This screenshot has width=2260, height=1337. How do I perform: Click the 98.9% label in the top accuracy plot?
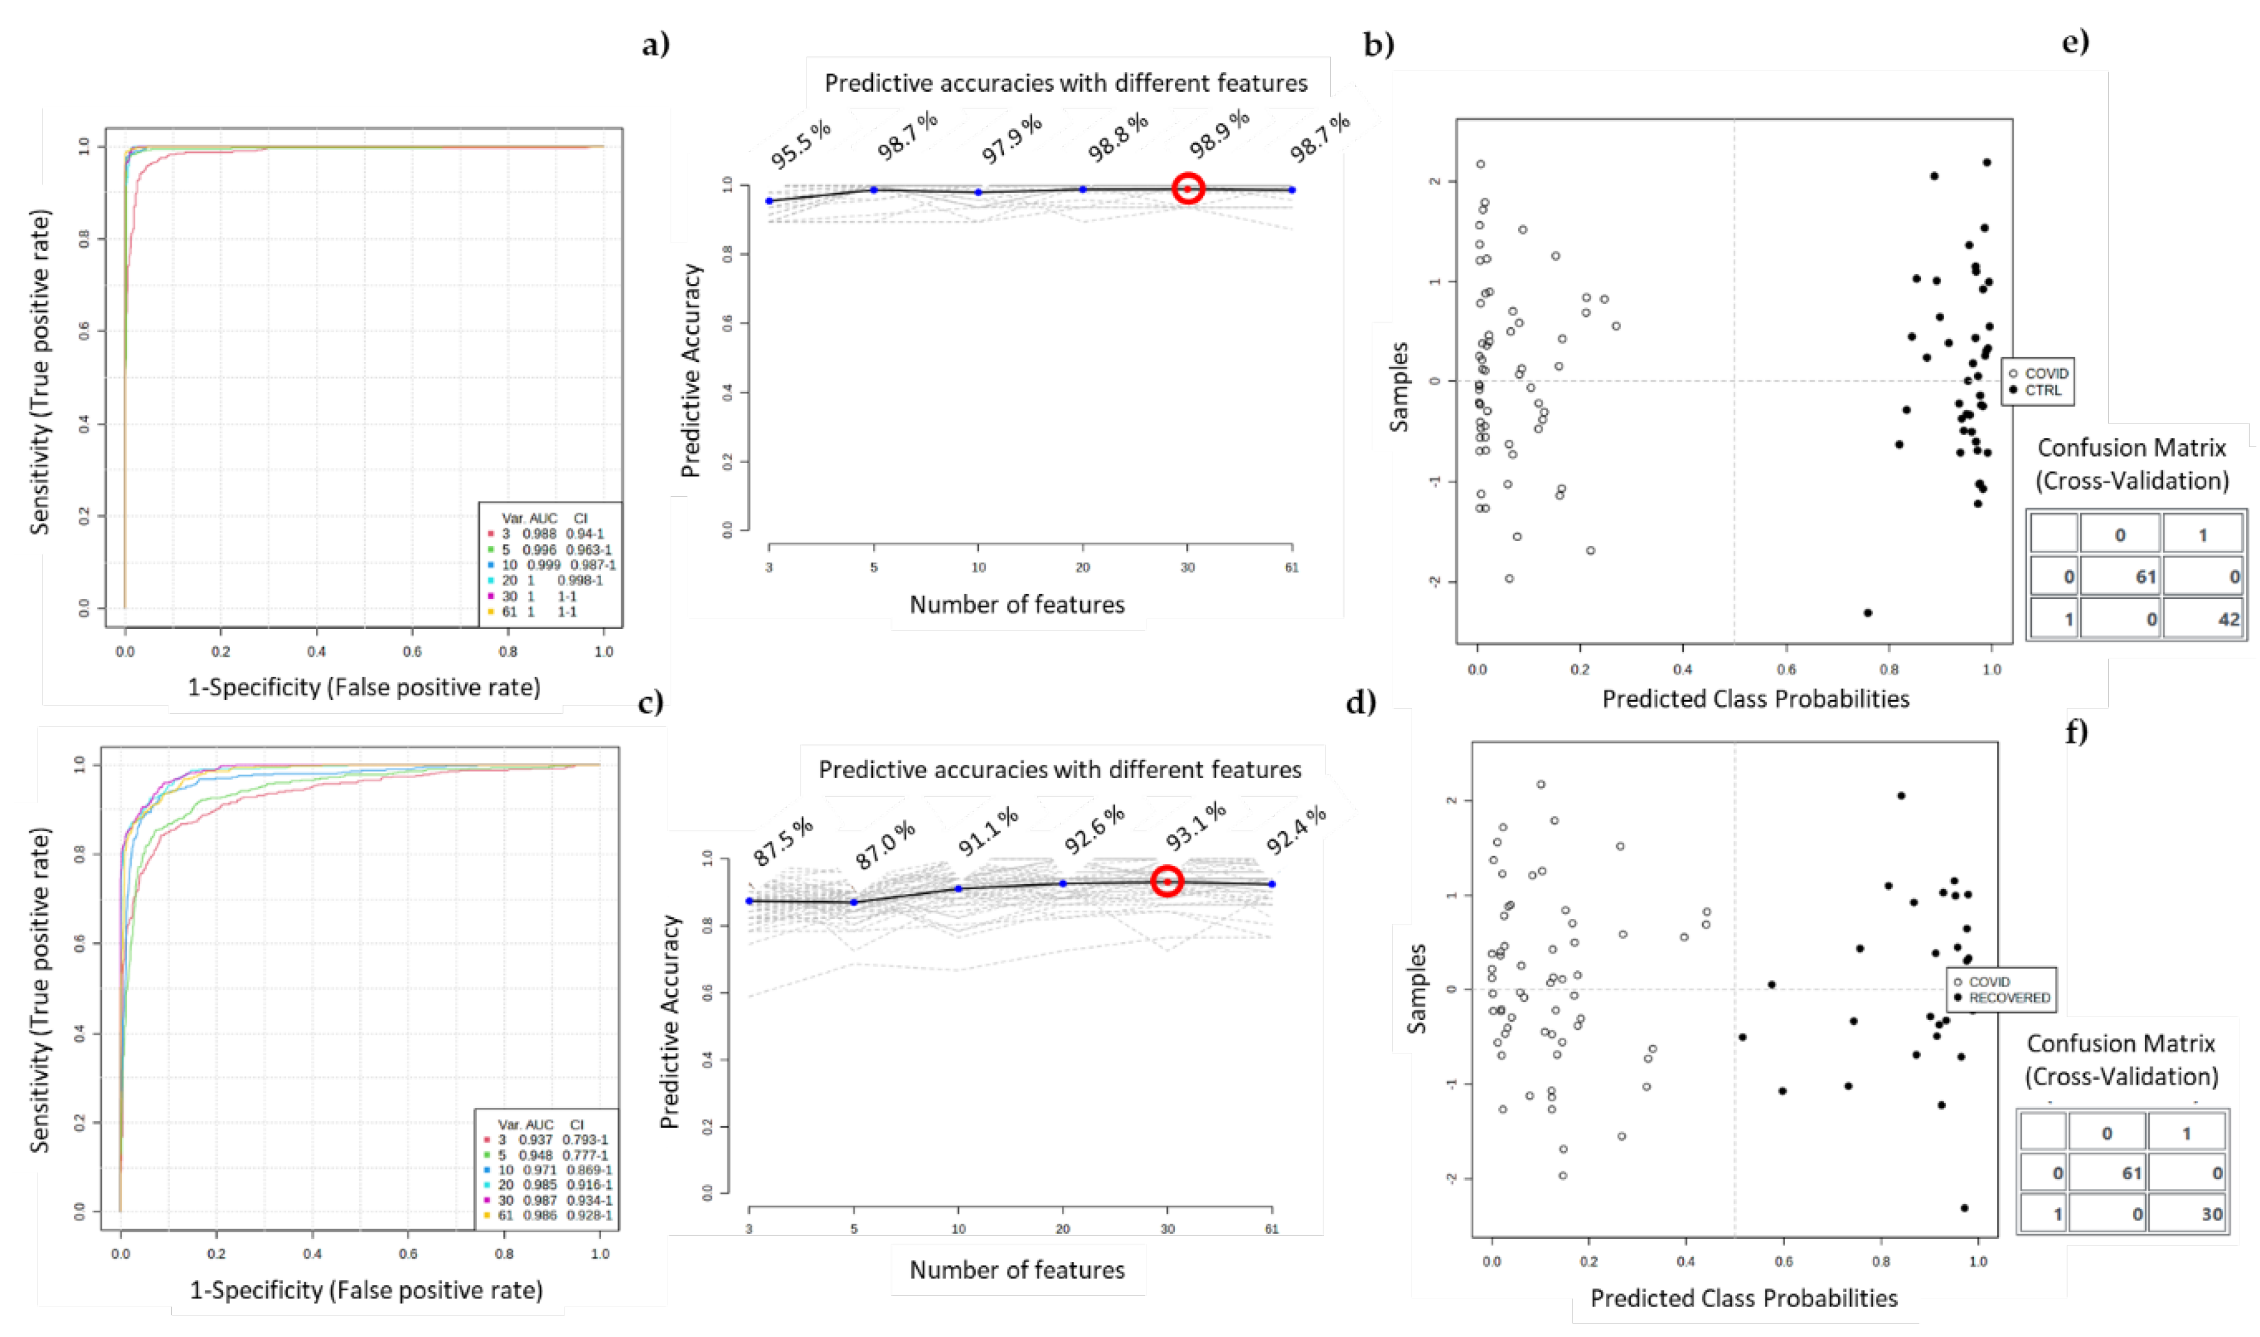[x=1219, y=133]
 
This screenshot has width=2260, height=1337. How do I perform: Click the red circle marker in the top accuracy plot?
[x=1188, y=188]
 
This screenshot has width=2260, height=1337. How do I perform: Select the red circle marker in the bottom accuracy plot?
[x=1167, y=881]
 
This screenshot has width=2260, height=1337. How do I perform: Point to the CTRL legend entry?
[x=2042, y=390]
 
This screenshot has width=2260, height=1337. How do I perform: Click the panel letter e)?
[x=2075, y=41]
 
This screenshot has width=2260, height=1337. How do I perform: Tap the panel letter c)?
[x=651, y=702]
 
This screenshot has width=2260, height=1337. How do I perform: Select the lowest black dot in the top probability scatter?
[x=1867, y=612]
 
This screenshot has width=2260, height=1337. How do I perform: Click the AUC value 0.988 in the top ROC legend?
[x=539, y=533]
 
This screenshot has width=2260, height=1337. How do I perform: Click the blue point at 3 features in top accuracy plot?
[x=769, y=201]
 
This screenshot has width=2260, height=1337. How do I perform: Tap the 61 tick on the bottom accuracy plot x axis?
[x=1272, y=1229]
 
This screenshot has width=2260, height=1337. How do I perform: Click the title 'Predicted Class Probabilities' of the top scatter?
[x=1755, y=699]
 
